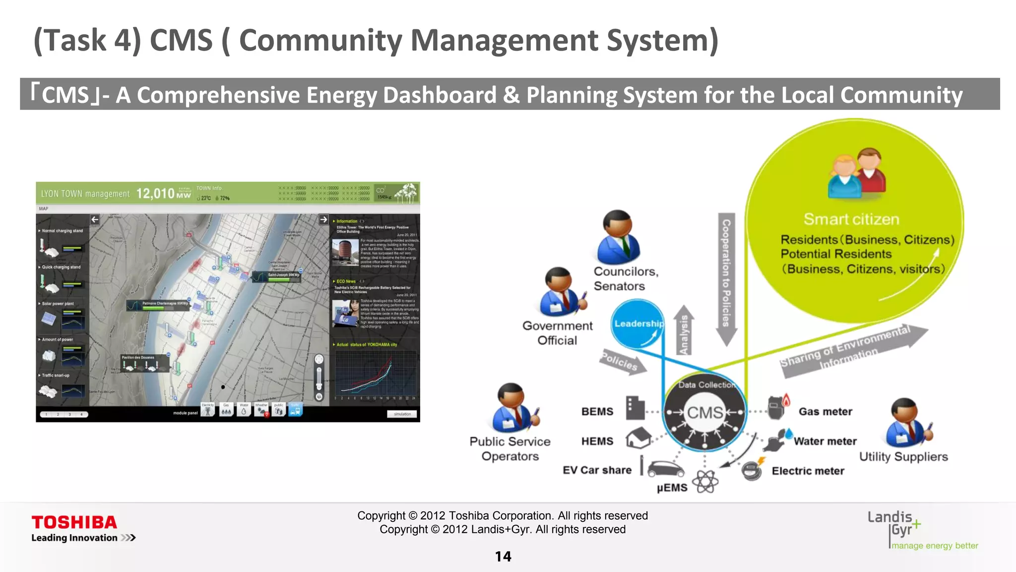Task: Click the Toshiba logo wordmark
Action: (x=74, y=522)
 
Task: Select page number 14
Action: (x=503, y=557)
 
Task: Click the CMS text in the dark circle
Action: (x=704, y=413)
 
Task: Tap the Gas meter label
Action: (x=825, y=412)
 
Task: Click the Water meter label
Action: (x=825, y=441)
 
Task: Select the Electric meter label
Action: (x=808, y=471)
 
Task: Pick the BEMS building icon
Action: (x=635, y=408)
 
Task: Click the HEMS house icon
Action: (x=638, y=438)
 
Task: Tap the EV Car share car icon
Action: (x=665, y=468)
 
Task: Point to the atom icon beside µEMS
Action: (x=705, y=481)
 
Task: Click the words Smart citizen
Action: (x=851, y=219)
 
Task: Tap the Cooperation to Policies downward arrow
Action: (x=726, y=278)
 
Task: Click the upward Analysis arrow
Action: (x=684, y=330)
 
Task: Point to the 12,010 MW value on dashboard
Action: (x=163, y=193)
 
